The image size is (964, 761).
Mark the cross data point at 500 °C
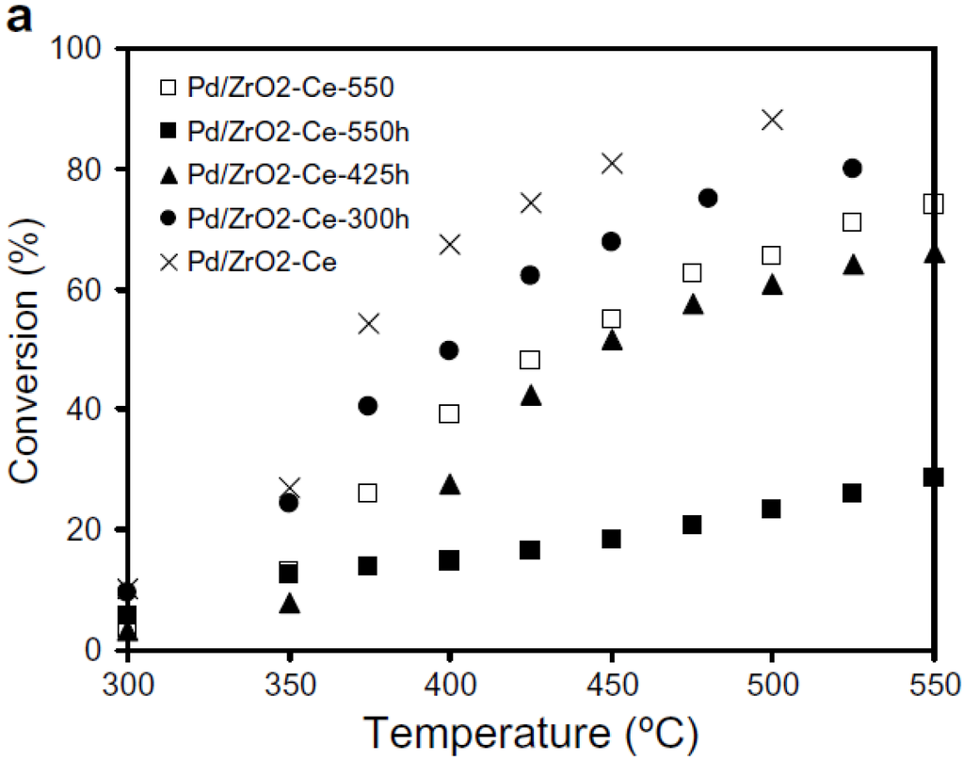click(772, 120)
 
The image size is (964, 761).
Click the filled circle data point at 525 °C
click(853, 168)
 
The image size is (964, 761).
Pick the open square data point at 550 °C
click(933, 203)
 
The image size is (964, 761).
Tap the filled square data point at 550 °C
click(933, 477)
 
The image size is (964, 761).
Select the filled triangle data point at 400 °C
click(450, 484)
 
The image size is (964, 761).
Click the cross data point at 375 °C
click(369, 323)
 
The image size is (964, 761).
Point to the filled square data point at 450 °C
click(611, 539)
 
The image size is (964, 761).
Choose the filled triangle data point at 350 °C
click(290, 604)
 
